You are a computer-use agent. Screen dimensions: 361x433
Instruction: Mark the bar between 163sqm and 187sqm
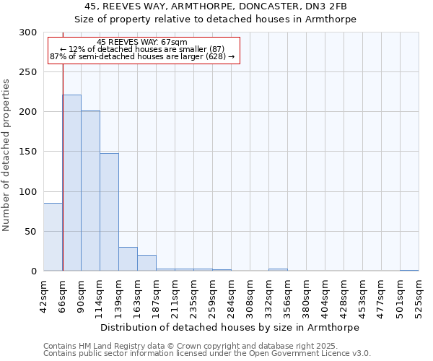coord(146,263)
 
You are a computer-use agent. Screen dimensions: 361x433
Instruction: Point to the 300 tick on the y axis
coord(28,32)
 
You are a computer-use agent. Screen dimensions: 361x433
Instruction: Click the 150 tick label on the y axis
coord(28,152)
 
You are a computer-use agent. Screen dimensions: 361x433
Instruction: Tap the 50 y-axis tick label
coord(31,232)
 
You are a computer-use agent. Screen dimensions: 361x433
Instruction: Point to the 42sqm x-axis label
coord(43,295)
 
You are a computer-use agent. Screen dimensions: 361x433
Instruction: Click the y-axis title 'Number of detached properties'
coord(7,155)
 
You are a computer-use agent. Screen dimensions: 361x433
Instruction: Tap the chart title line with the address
coord(216,6)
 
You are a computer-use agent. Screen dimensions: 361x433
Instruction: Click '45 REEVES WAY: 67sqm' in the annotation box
coord(141,42)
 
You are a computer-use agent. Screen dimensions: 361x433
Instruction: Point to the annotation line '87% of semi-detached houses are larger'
coord(142,56)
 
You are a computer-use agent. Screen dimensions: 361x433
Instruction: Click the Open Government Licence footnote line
coord(206,354)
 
